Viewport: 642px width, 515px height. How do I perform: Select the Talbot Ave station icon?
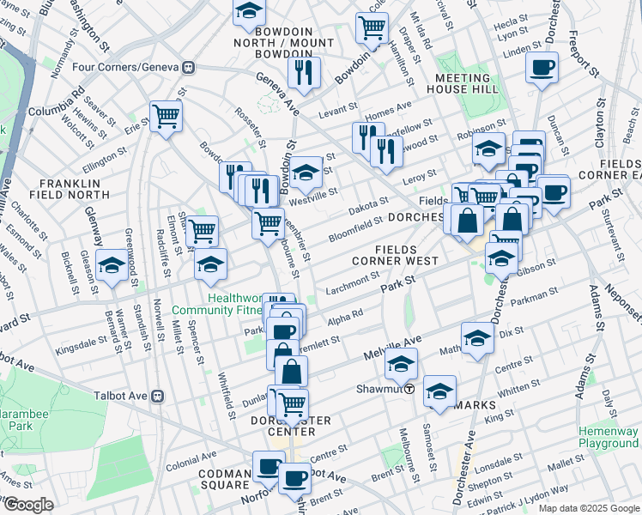[157, 396]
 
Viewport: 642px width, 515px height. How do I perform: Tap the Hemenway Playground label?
[608, 437]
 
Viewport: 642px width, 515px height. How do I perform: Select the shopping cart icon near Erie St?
[166, 115]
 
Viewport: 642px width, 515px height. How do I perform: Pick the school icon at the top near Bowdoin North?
[249, 11]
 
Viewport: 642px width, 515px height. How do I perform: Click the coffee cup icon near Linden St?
[542, 67]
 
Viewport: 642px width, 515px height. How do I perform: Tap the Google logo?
[28, 505]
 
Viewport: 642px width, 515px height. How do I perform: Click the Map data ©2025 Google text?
[588, 508]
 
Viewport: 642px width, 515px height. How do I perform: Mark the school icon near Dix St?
[477, 338]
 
